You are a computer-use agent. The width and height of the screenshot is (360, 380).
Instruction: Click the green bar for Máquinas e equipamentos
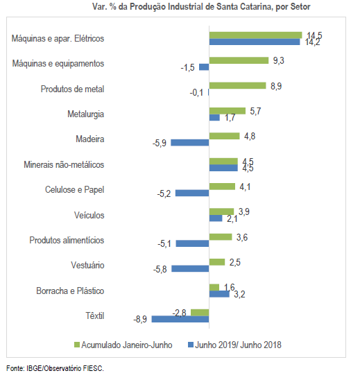[239, 60]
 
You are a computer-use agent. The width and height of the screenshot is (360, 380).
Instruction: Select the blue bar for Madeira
[190, 143]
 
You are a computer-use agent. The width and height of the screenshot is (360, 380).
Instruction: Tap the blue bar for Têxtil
[180, 319]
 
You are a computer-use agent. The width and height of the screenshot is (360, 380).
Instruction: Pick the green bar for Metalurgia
[228, 111]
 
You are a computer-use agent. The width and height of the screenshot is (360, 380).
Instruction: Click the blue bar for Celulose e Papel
[192, 193]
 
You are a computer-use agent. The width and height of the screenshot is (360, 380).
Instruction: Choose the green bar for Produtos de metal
[238, 85]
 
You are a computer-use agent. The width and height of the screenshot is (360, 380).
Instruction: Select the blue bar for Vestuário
[190, 268]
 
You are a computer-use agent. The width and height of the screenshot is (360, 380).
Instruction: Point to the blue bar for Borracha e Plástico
[219, 294]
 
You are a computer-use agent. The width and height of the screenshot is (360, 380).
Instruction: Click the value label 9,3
[279, 60]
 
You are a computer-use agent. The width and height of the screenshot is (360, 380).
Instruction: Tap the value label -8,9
[140, 319]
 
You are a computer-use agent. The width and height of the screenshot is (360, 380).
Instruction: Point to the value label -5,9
[160, 144]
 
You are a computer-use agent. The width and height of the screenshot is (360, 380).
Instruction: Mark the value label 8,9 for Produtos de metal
[276, 86]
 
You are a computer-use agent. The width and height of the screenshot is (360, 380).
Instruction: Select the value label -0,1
[196, 93]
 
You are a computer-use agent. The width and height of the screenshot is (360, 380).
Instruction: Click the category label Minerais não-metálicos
[64, 164]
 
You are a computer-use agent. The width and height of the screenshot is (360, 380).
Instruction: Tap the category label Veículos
[89, 215]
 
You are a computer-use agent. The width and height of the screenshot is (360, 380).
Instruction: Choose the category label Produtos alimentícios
[67, 240]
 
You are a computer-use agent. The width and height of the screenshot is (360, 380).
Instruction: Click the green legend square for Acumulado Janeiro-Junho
[76, 345]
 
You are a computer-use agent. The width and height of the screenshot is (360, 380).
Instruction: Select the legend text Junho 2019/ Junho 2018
[238, 345]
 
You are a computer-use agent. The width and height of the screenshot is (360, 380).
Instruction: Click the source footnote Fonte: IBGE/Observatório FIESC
[55, 368]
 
